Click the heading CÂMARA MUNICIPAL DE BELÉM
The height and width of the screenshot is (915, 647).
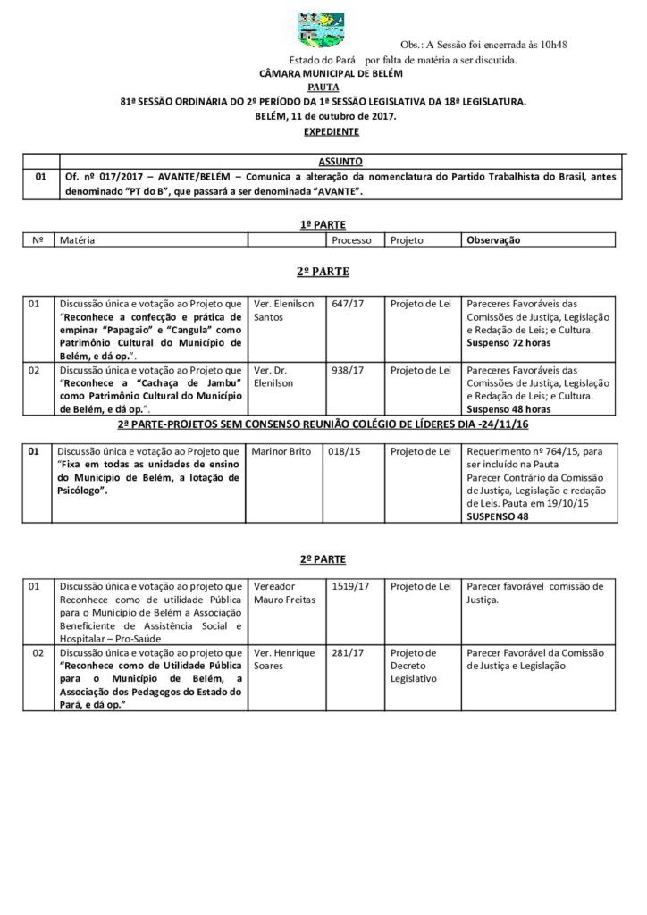[323, 74]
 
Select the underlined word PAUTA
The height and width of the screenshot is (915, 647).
[323, 88]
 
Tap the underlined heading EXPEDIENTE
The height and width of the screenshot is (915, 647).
[323, 131]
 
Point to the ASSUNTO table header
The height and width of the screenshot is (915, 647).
[340, 162]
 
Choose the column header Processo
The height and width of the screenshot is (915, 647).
[351, 240]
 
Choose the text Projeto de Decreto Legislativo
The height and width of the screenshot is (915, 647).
[414, 666]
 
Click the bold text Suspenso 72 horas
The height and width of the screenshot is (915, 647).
[505, 342]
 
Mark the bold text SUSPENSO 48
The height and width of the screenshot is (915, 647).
[497, 516]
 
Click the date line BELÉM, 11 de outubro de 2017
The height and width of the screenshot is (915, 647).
[323, 117]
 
